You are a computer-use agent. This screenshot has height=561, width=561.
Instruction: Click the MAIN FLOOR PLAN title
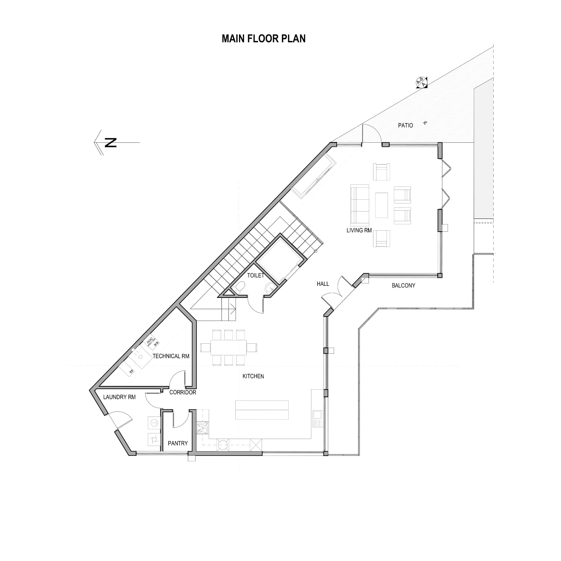pyautogui.click(x=263, y=39)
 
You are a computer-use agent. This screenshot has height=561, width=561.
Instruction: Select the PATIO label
pyautogui.click(x=405, y=125)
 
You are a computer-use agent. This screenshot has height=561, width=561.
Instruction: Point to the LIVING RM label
pyautogui.click(x=359, y=230)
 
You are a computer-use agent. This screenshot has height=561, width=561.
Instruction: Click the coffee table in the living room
pyautogui.click(x=381, y=205)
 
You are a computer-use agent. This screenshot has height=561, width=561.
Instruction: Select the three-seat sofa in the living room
pyautogui.click(x=360, y=205)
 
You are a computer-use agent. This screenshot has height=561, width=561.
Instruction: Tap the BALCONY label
pyautogui.click(x=403, y=286)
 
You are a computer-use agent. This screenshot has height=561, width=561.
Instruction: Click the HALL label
pyautogui.click(x=323, y=284)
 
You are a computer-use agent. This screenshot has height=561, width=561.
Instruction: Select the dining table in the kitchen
pyautogui.click(x=229, y=347)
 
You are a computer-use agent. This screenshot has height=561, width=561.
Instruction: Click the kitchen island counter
pyautogui.click(x=262, y=410)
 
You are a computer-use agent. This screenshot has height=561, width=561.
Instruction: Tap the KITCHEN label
pyautogui.click(x=253, y=376)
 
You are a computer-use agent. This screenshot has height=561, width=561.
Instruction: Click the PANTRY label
pyautogui.click(x=178, y=443)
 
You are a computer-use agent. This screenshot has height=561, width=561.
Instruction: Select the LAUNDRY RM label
pyautogui.click(x=119, y=397)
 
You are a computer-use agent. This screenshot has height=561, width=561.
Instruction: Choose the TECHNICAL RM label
pyautogui.click(x=171, y=356)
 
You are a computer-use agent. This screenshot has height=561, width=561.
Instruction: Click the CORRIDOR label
pyautogui.click(x=183, y=392)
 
